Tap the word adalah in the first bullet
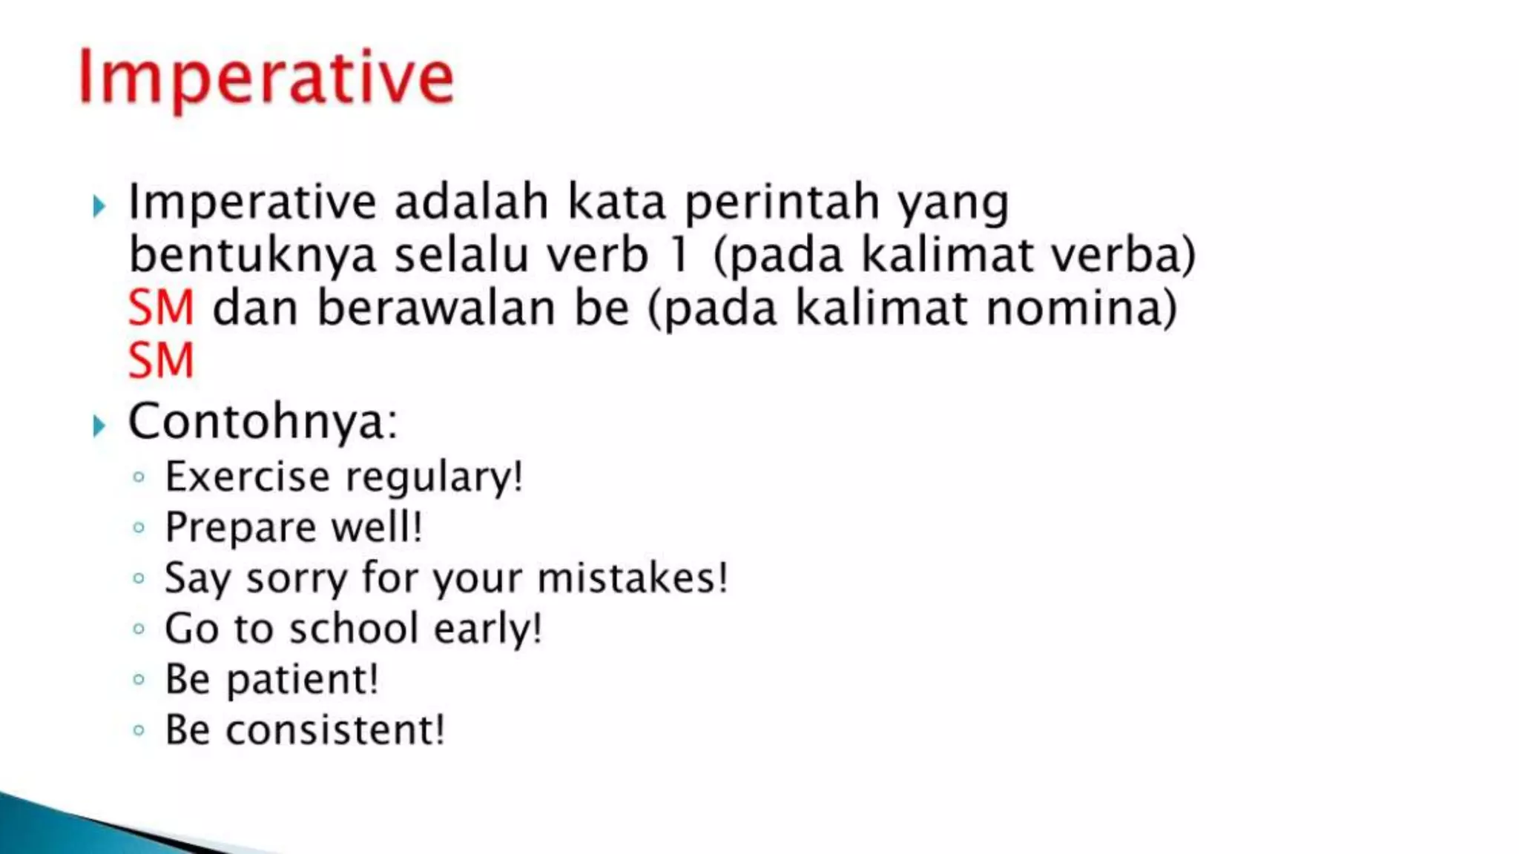click(471, 202)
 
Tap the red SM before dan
click(161, 308)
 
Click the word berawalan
click(436, 308)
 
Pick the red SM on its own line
click(161, 361)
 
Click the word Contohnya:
click(263, 422)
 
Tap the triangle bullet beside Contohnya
click(99, 426)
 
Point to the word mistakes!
click(632, 578)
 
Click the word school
click(354, 629)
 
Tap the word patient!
click(302, 680)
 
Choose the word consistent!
click(335, 730)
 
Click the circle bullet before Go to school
click(139, 629)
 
